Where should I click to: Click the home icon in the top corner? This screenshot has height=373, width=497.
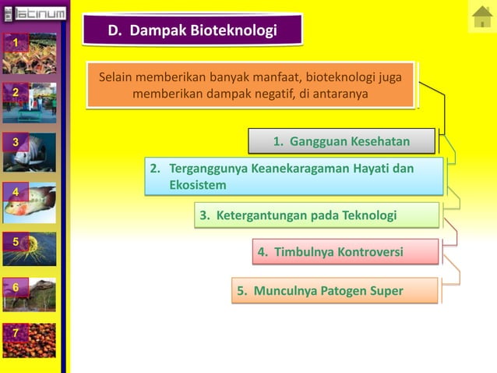[x=481, y=17]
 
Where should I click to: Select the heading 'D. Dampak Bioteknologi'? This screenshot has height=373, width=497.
[x=192, y=30]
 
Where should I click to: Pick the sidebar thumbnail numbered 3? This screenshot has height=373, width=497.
[x=29, y=151]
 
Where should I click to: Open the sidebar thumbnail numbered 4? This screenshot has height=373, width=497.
[x=29, y=201]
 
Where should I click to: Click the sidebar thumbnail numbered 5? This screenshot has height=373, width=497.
[x=29, y=249]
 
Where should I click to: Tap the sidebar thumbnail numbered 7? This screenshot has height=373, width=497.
[x=29, y=341]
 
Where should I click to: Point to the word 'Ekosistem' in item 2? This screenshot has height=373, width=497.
[x=198, y=185]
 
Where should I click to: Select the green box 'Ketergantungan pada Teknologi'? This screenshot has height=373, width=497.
[x=316, y=215]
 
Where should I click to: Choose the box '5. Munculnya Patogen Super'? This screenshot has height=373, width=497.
[x=336, y=291]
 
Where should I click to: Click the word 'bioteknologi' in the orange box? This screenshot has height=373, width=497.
[x=340, y=78]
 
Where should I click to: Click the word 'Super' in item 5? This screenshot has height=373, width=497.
[x=387, y=291]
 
